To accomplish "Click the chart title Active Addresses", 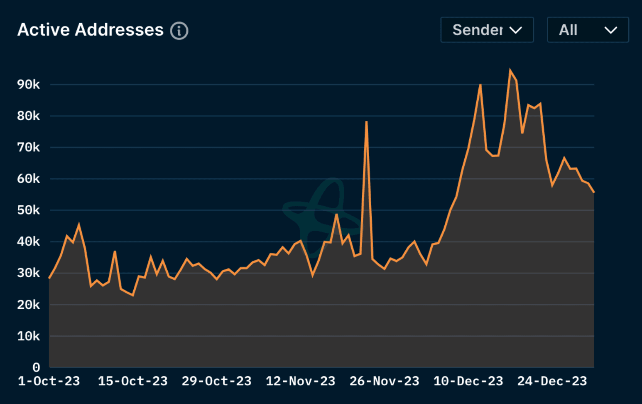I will (x=91, y=30).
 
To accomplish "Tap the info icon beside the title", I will (x=179, y=31).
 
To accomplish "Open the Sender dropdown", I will (x=487, y=30).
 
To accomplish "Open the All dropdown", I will (x=588, y=30).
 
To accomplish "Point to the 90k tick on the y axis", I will (x=29, y=84).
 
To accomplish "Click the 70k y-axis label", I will (x=29, y=147).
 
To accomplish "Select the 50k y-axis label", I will (x=29, y=210).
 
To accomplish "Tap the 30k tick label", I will (x=29, y=273).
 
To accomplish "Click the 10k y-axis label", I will (x=29, y=336).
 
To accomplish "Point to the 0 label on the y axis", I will (x=36, y=367).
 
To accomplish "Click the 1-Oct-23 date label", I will (x=49, y=381).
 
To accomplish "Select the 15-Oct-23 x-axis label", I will (x=132, y=381).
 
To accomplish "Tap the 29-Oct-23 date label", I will (x=216, y=381).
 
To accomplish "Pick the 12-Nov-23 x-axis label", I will (x=300, y=381).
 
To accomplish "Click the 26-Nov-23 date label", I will (x=384, y=381).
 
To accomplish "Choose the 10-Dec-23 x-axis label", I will (x=468, y=381).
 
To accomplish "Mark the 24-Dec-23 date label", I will (x=552, y=381).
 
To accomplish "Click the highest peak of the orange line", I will (x=510, y=70).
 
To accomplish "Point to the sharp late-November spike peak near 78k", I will (x=366, y=122).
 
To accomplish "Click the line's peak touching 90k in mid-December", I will (x=480, y=85).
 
